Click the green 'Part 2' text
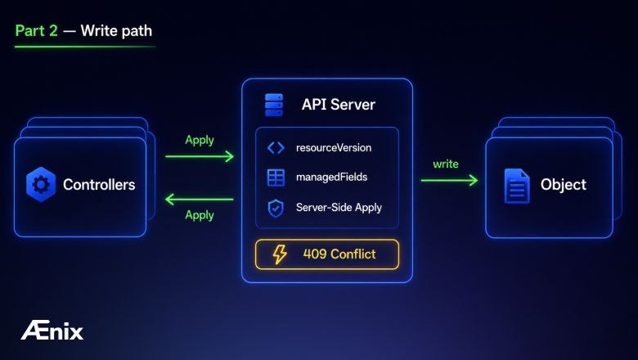tap(36, 31)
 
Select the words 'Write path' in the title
tap(116, 31)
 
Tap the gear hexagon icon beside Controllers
tap(41, 185)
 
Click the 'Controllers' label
tap(99, 185)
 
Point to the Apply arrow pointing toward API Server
tap(200, 156)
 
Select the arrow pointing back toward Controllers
tap(199, 200)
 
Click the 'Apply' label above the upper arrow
tap(200, 141)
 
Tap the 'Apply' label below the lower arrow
tap(200, 215)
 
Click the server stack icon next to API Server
tap(274, 105)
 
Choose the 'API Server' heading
tap(339, 105)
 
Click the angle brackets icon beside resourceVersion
tap(276, 147)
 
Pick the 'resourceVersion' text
tap(334, 147)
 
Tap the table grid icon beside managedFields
tap(276, 178)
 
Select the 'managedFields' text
tap(331, 178)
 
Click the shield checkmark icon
tap(276, 209)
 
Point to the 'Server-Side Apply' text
tap(339, 208)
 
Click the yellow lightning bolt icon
tap(280, 254)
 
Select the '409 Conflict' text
tap(339, 254)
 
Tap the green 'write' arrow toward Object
tap(449, 180)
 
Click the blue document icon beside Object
tap(517, 186)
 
